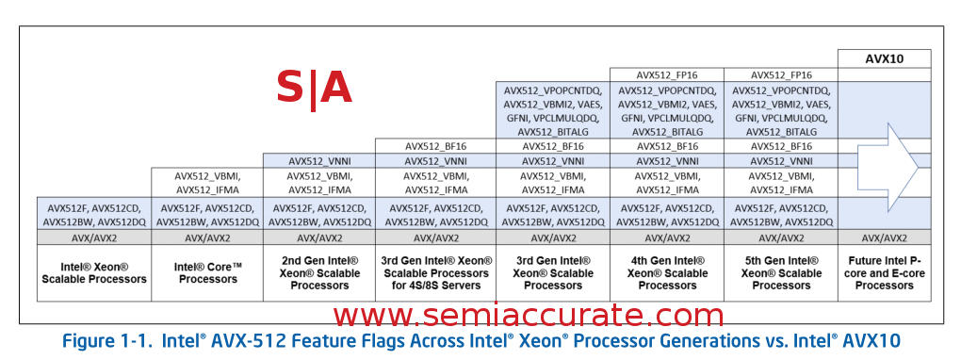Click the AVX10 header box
coord(885,58)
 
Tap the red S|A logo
coord(315,89)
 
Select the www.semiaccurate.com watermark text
coord(529,315)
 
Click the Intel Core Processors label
coord(207,272)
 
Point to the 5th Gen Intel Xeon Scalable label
coord(781,273)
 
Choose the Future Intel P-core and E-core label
coord(885,273)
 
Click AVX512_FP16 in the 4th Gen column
coord(667,74)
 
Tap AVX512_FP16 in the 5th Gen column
coord(781,74)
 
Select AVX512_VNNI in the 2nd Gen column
coord(319,161)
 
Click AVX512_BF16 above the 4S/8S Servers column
coord(436,147)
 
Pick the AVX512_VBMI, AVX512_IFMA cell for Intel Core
coord(207,182)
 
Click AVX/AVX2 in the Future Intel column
coord(885,237)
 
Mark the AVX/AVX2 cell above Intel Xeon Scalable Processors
coord(94,237)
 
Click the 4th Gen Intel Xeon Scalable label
coord(667,273)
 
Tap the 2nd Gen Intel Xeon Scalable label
coord(319,273)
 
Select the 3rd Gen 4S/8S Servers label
coord(436,273)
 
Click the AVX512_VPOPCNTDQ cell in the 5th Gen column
coord(781,111)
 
